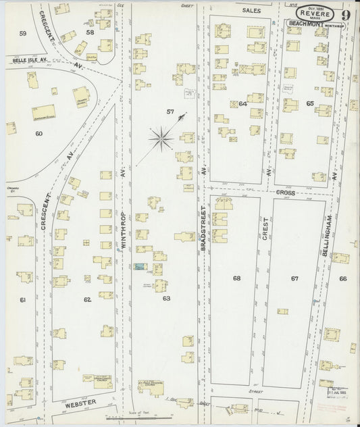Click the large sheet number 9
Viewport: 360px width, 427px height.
tap(345, 11)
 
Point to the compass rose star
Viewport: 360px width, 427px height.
tap(162, 140)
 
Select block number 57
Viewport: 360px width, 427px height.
tap(170, 110)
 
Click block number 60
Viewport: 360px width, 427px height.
tap(38, 134)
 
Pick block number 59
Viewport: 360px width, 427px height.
tap(23, 33)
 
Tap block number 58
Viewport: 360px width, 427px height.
tap(88, 32)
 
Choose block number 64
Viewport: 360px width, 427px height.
tap(243, 103)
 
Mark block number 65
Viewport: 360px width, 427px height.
tap(310, 103)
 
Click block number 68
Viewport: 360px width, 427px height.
tap(236, 278)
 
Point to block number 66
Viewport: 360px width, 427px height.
tap(342, 278)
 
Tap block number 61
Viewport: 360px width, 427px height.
tap(22, 299)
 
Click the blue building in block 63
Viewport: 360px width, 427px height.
tap(140, 268)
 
